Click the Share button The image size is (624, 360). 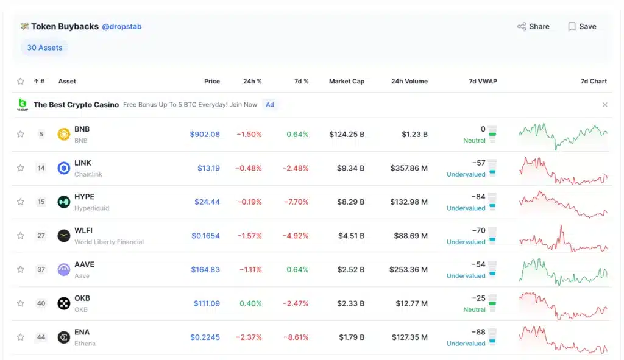coord(533,27)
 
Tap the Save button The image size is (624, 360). coord(582,27)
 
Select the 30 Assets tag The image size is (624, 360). coord(44,48)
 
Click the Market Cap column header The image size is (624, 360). coord(346,81)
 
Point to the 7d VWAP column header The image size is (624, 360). coord(483,81)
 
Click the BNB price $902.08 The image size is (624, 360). coord(205,134)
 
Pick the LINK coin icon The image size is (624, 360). coord(64,168)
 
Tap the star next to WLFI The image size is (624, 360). coord(21,236)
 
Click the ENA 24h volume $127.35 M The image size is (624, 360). coord(409,337)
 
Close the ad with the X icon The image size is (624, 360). coord(604,105)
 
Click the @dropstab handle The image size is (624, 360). coord(122,27)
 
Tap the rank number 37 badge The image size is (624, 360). coord(41,269)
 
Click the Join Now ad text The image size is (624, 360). coord(243,105)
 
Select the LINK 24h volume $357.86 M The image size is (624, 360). coord(409,168)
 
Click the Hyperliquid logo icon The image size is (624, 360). coord(64,202)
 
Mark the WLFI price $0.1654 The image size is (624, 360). coord(205,236)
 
